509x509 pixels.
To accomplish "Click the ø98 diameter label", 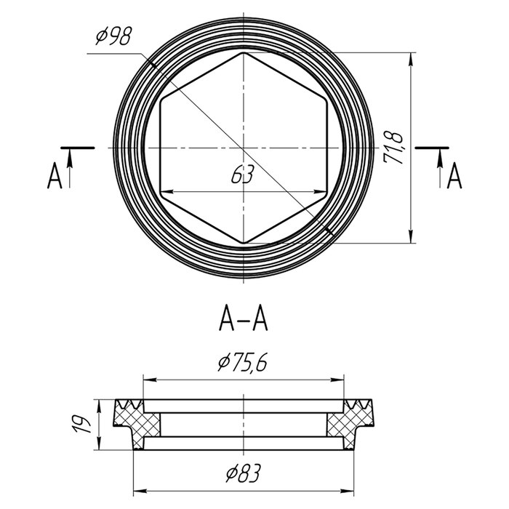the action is [x=114, y=36].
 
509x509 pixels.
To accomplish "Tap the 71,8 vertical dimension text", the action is [x=393, y=148].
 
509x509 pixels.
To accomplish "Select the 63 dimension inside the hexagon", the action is [x=242, y=175].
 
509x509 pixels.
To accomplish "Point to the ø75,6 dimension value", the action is [x=243, y=363].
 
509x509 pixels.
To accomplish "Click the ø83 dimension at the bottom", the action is [x=243, y=473].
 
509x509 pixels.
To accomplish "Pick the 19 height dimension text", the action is [x=81, y=424].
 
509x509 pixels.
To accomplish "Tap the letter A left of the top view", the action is [x=55, y=175].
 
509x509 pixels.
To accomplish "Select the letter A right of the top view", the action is [x=454, y=175].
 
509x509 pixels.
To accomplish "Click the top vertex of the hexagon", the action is [x=244, y=52].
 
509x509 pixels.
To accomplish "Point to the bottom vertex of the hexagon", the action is [x=244, y=243].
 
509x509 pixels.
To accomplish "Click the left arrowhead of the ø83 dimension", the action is [x=140, y=491].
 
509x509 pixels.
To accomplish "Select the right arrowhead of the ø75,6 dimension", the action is [x=337, y=380].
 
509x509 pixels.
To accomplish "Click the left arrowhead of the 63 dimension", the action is [x=167, y=192].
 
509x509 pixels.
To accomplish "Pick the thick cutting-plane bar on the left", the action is [x=78, y=148].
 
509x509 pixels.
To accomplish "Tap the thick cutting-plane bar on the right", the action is [x=432, y=148].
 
